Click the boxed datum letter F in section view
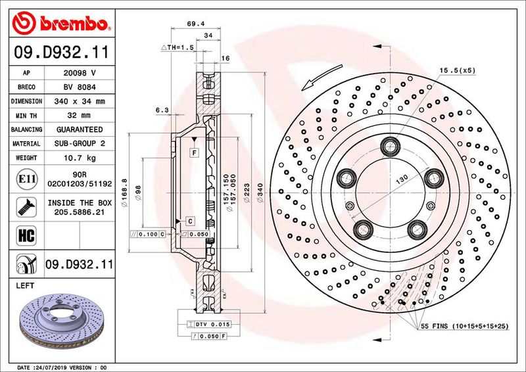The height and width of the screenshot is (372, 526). click(x=195, y=153)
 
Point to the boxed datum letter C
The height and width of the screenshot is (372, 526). click(x=189, y=221)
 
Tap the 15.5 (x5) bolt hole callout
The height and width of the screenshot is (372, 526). click(x=457, y=70)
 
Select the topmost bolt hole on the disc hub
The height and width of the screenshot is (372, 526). click(x=392, y=145)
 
